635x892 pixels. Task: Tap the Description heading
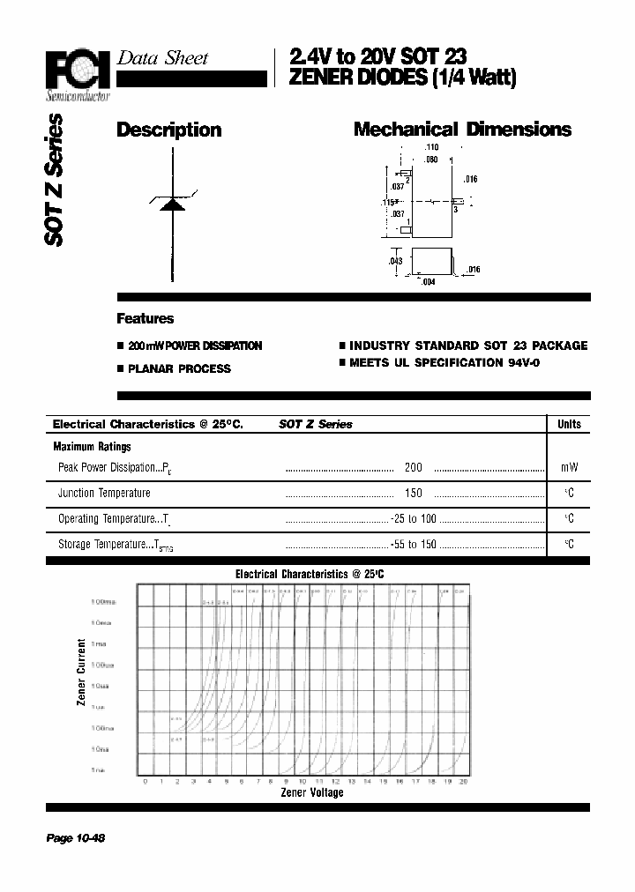click(168, 130)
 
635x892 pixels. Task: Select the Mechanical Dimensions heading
click(462, 130)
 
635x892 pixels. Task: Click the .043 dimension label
click(395, 262)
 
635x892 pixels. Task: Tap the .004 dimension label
click(428, 282)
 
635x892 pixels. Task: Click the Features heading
click(146, 319)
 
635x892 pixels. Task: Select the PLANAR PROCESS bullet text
click(179, 369)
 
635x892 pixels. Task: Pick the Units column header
click(569, 424)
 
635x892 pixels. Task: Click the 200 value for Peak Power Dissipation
click(413, 468)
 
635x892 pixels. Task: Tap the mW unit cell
click(569, 468)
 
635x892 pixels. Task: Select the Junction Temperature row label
click(104, 494)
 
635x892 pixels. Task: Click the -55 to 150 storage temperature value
click(414, 545)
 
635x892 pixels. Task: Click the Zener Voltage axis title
click(311, 792)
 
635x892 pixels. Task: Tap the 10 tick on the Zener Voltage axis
click(302, 781)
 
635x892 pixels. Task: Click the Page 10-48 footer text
click(76, 838)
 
